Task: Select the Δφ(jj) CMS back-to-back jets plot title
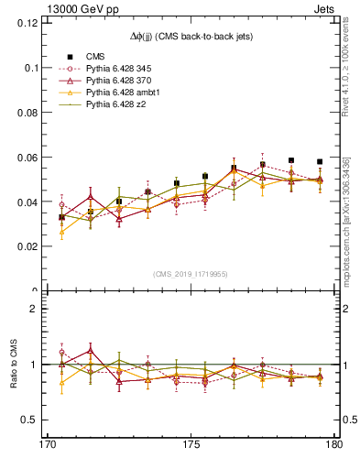click(x=190, y=36)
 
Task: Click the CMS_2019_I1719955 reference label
click(x=191, y=274)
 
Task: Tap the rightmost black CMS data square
click(x=320, y=161)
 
